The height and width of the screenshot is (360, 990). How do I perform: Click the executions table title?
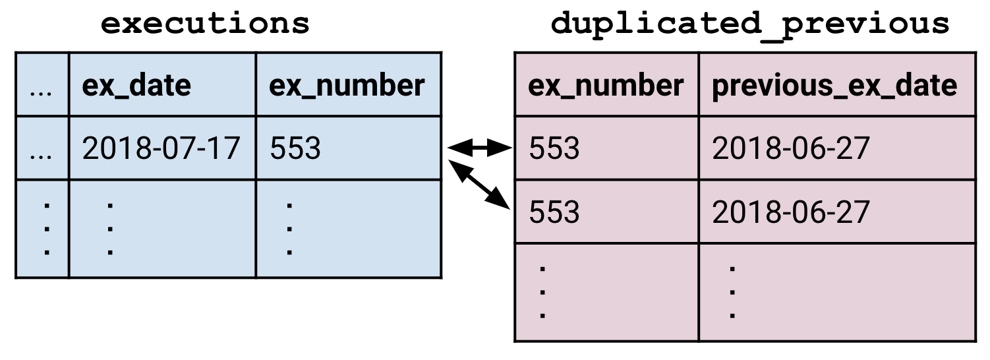click(205, 24)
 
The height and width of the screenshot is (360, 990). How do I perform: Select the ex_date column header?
click(136, 85)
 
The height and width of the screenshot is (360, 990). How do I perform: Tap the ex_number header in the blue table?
click(347, 85)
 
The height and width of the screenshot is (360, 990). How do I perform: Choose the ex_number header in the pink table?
click(606, 85)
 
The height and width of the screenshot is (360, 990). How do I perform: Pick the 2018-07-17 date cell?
click(161, 148)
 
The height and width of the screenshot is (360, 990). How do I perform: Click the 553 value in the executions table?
click(295, 148)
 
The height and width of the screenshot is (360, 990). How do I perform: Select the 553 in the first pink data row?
click(554, 148)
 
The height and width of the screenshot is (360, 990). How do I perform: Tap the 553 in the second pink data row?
click(554, 212)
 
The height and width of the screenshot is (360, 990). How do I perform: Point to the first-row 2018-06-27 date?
click(791, 148)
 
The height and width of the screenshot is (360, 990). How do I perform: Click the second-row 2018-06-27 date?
click(791, 212)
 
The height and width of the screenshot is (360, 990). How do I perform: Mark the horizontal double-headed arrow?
click(480, 148)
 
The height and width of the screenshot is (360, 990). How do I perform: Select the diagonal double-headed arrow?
click(480, 185)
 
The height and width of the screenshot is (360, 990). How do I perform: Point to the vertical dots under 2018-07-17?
click(111, 229)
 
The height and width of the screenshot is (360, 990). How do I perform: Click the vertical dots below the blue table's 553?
click(289, 229)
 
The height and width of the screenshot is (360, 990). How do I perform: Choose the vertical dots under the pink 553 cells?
click(542, 292)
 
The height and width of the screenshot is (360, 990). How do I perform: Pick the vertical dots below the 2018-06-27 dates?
click(732, 292)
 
